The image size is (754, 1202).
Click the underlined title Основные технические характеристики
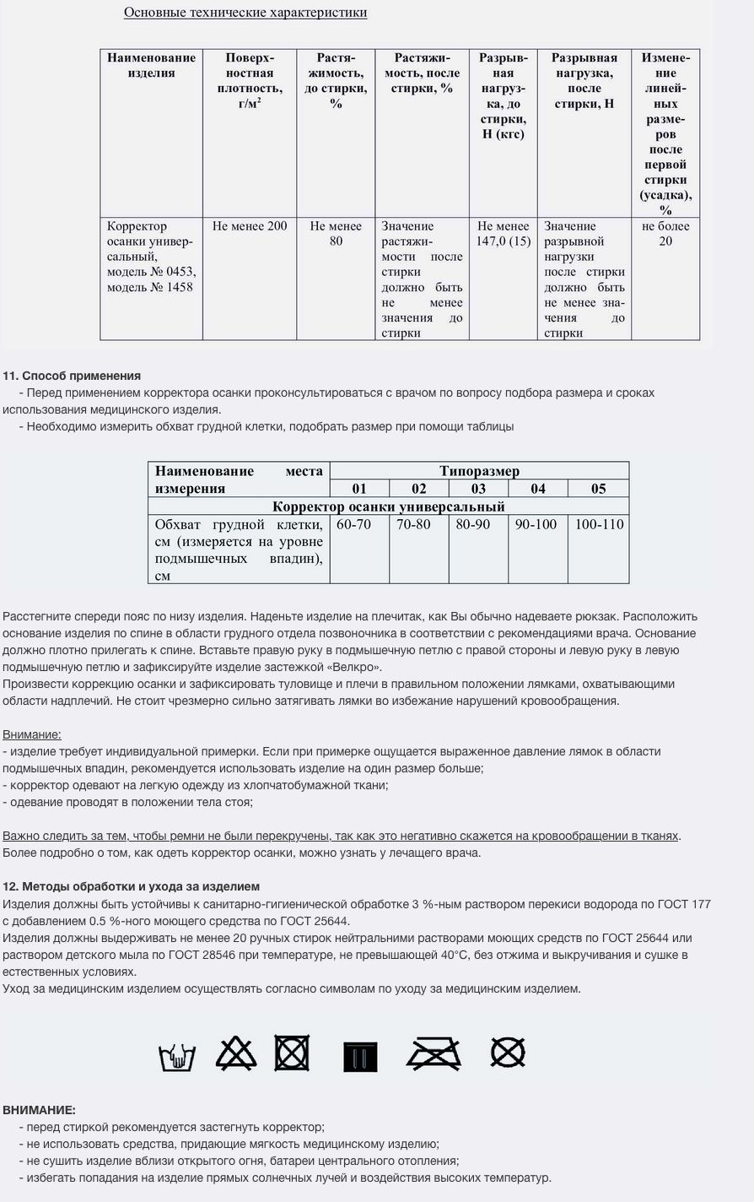[x=245, y=13]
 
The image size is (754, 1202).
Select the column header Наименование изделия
[x=151, y=65]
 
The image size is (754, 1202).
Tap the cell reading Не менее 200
[x=250, y=226]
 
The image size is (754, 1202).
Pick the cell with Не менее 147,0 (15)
[x=503, y=234]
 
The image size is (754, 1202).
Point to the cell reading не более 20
[x=665, y=234]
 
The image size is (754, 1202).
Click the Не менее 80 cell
[x=336, y=234]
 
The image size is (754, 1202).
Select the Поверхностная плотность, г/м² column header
[x=250, y=80]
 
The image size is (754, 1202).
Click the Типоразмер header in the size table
[x=479, y=471]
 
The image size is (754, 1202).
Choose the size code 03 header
[x=478, y=489]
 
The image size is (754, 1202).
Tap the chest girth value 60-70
[x=353, y=524]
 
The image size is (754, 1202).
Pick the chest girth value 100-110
[x=599, y=524]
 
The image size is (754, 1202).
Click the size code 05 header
[x=598, y=489]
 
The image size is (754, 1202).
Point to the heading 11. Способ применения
[x=72, y=376]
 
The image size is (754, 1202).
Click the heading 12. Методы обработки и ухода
[x=131, y=886]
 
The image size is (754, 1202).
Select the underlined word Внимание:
[x=32, y=734]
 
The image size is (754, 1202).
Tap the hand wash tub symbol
[x=177, y=1056]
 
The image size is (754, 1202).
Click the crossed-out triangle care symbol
[x=236, y=1054]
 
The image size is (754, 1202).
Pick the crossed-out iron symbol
[x=434, y=1054]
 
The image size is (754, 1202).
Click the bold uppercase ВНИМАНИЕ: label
[x=39, y=1110]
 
